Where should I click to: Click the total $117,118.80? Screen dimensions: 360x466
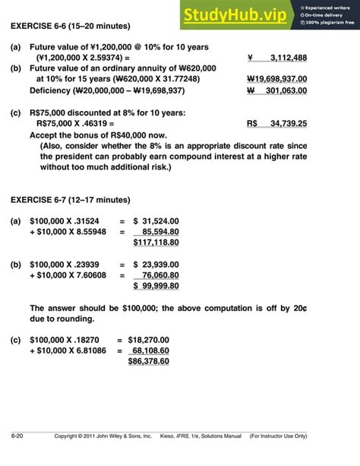click(x=156, y=243)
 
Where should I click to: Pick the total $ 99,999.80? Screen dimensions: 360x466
click(x=156, y=286)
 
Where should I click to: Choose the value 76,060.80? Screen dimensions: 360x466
click(x=160, y=275)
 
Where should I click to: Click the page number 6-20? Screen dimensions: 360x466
click(x=17, y=457)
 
